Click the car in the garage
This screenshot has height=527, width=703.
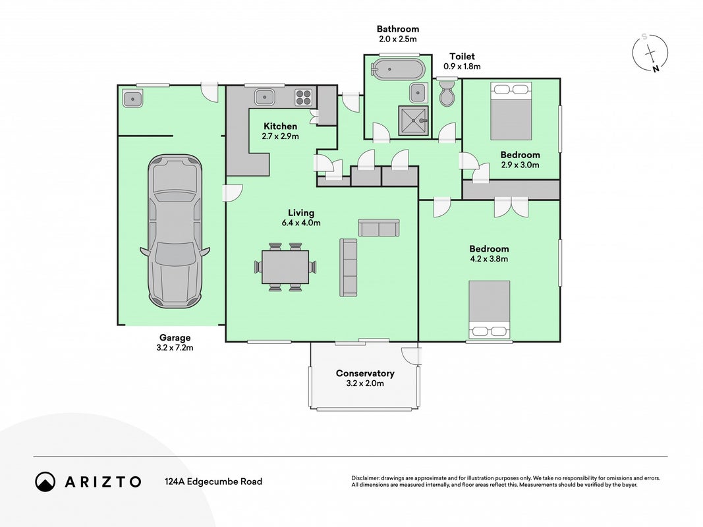point(175,231)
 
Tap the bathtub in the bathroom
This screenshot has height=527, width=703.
point(398,69)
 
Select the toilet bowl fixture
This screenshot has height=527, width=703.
point(447,94)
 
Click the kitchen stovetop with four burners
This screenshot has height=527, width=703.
point(304,97)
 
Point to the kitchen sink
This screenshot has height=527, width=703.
point(264,97)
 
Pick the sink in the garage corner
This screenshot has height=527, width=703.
point(132,99)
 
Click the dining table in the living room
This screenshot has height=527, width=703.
point(285,267)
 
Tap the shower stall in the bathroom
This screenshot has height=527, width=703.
point(413,121)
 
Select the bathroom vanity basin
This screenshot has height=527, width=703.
point(418,93)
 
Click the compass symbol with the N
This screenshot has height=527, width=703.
point(650,53)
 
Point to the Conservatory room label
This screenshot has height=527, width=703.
point(365,374)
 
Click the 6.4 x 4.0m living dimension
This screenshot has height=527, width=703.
point(301,223)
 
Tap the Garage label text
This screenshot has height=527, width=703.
point(175,338)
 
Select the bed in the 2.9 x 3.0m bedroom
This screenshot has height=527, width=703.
point(511,111)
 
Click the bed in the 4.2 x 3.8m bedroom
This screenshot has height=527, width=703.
point(489,309)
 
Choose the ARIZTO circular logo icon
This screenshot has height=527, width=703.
point(45,482)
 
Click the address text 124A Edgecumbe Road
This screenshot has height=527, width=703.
point(213,482)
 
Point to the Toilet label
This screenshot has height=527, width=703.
point(463,57)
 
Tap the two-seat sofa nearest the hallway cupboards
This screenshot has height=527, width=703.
point(379,228)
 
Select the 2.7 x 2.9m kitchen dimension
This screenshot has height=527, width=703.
point(280,136)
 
